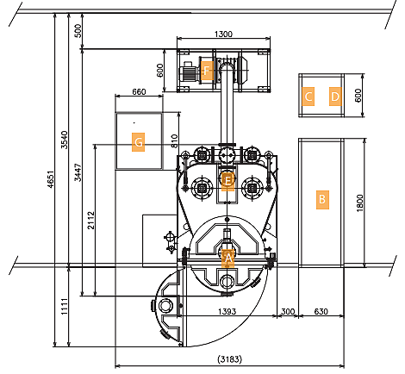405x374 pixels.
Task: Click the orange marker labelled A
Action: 228,257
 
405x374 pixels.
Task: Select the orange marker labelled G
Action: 138,140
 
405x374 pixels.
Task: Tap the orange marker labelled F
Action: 206,71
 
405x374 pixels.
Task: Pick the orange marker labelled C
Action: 308,97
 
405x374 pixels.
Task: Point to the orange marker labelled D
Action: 335,97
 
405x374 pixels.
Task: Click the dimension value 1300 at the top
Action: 222,34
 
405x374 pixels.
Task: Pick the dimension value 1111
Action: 64,304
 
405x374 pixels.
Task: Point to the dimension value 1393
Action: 227,310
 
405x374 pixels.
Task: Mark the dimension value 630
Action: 321,310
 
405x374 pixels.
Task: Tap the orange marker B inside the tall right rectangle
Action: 322,199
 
